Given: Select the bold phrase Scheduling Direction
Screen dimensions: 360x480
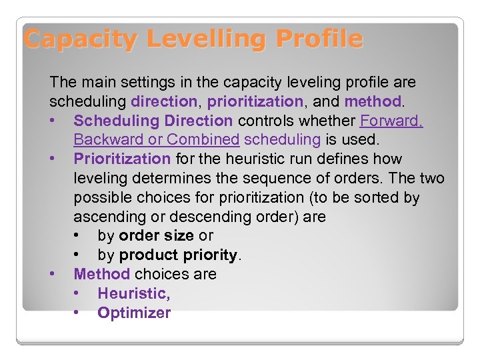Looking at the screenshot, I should [153, 121].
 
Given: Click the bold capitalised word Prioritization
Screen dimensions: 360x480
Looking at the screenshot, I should [122, 159].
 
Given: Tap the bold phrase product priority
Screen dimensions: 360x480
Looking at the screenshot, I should [178, 255].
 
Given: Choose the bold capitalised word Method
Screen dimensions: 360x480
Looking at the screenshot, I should [101, 274].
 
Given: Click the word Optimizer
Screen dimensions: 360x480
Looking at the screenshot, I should [134, 313].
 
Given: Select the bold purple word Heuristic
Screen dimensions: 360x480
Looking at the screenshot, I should [132, 293].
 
